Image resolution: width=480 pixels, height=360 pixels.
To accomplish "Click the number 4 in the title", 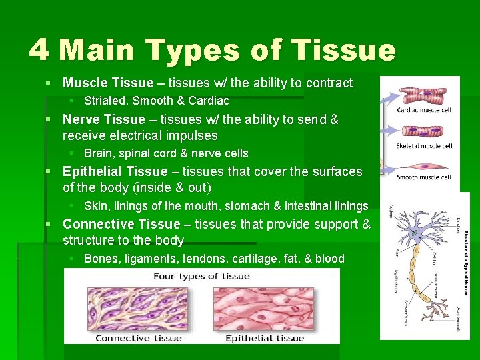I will coord(39,50).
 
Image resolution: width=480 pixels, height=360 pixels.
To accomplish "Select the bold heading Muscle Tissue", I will coord(107,83).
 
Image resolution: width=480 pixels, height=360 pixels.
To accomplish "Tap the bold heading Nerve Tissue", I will coord(103,119).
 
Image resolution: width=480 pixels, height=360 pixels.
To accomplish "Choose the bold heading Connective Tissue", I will coord(121,224).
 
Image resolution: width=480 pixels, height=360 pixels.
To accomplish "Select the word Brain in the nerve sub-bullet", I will coord(98,153).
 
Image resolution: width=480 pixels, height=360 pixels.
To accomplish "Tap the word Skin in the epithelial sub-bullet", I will coord(95,206).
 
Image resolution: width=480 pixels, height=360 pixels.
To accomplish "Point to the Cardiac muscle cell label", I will coord(425,110).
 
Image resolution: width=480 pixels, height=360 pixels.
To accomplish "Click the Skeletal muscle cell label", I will coord(425,145).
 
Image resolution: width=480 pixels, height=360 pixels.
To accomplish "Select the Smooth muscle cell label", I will coord(425,177).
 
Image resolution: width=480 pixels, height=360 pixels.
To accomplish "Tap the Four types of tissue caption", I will coord(201,276).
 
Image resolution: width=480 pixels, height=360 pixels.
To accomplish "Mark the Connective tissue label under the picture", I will coord(138,337).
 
